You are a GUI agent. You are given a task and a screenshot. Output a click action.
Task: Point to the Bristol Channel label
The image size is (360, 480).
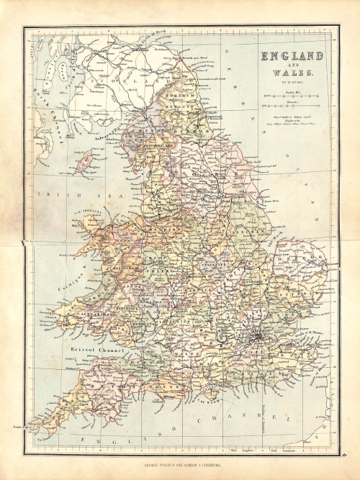point(96,350)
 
